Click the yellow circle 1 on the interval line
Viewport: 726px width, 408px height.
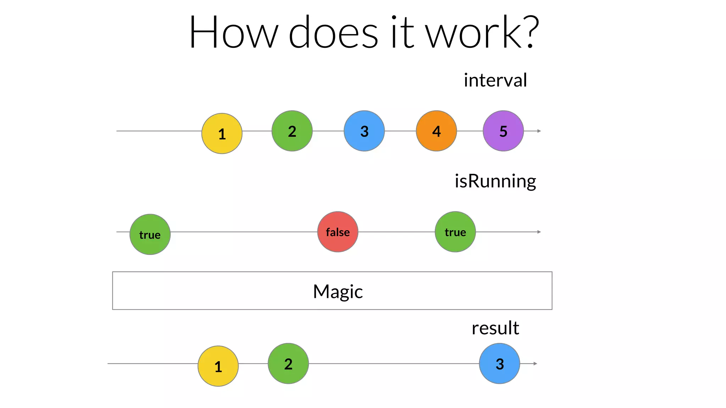[x=222, y=134]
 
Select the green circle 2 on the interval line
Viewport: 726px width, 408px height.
[x=292, y=131]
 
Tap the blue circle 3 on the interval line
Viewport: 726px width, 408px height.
[x=364, y=131]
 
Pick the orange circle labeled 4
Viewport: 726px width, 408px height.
[x=436, y=131]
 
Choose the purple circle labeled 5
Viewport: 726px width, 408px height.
[x=503, y=131]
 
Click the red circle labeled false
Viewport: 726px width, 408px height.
[x=338, y=232]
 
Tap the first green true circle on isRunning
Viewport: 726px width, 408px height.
[x=150, y=234]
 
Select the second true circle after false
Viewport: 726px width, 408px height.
[x=455, y=232]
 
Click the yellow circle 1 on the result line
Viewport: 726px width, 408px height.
[x=218, y=366]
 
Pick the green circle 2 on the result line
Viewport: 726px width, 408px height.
[x=288, y=364]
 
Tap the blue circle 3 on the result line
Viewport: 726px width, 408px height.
[x=499, y=364]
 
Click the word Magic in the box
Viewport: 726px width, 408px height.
[x=338, y=291]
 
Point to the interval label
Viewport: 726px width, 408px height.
[x=495, y=80]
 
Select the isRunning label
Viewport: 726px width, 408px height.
[x=495, y=181]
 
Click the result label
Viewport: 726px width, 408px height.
[x=495, y=328]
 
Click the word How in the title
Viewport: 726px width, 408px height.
[x=234, y=33]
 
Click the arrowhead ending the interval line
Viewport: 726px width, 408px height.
[x=539, y=131]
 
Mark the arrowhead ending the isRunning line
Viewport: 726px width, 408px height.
[x=539, y=232]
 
